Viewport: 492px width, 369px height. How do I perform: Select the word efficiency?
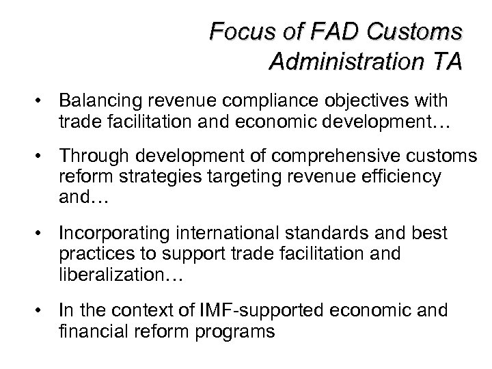(x=400, y=178)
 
